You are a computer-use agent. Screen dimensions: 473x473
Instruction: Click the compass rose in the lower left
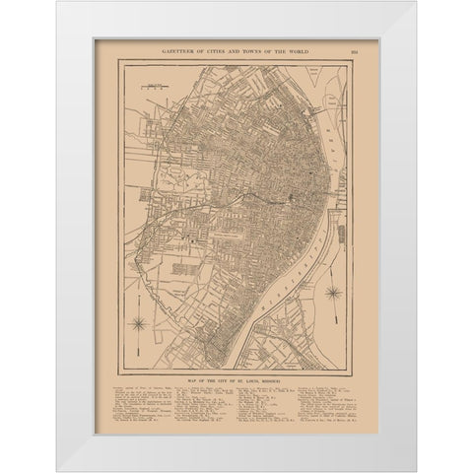(140, 322)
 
